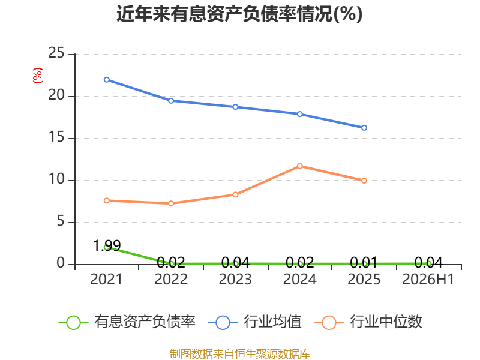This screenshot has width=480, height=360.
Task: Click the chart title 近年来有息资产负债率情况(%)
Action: coord(239,14)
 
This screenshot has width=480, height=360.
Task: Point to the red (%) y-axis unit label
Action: coord(38,76)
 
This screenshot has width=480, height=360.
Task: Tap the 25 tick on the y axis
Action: coord(56,53)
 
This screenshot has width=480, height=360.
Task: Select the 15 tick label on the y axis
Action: coord(56,137)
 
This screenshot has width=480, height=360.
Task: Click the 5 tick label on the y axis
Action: coord(61,221)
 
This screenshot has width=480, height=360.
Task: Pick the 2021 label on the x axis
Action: coord(106,279)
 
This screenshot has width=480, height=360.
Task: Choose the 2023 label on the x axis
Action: coord(235,279)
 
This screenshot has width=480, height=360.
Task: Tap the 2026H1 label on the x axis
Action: coord(428,279)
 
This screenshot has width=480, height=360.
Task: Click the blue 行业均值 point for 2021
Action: coord(107,80)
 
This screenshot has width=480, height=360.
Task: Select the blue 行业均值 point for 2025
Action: coord(364,128)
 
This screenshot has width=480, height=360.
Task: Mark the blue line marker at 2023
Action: coord(235,107)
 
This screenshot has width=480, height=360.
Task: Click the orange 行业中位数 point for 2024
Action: coord(299,166)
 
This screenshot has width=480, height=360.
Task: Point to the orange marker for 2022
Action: coord(171,203)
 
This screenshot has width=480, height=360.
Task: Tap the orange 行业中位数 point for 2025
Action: coord(364,181)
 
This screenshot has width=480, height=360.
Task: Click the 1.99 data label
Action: coord(107,245)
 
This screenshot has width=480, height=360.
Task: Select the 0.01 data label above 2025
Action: coord(364,262)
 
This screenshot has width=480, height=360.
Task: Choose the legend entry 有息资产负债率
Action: coord(127,322)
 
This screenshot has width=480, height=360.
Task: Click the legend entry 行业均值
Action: coord(254,322)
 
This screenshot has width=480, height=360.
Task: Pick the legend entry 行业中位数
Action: coord(368,322)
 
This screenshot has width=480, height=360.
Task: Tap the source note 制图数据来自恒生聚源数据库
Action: coord(240,354)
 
